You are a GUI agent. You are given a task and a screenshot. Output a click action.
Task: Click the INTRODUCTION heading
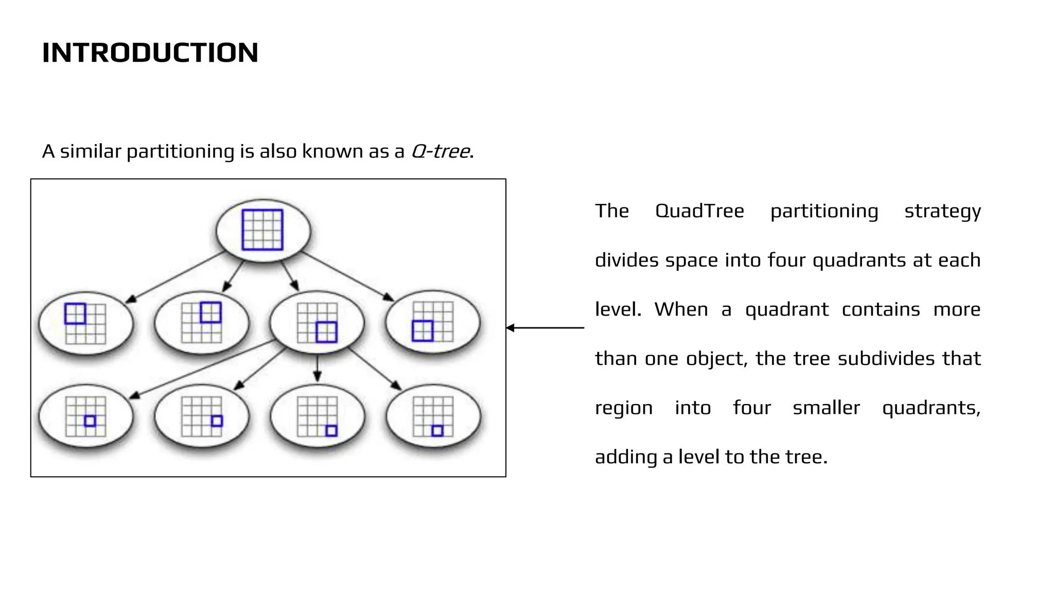[150, 53]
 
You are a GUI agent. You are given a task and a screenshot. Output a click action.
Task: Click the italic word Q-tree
[440, 151]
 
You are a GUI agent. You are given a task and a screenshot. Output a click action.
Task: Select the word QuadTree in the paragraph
[699, 211]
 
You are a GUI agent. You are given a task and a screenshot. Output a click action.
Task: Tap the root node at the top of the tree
[263, 230]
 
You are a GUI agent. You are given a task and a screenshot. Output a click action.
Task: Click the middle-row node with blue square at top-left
[86, 323]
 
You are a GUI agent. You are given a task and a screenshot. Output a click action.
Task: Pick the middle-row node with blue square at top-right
[202, 323]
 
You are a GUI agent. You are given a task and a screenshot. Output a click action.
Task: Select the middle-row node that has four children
[317, 323]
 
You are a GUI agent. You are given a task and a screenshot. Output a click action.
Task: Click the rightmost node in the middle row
[433, 322]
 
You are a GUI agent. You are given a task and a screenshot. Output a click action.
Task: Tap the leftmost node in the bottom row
[86, 416]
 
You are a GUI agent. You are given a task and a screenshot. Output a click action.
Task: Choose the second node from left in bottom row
[202, 416]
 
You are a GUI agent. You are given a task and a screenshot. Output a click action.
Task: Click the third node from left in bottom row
[317, 416]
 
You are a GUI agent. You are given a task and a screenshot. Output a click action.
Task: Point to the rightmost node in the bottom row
[433, 416]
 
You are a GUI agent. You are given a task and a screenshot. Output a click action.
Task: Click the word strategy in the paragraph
[942, 211]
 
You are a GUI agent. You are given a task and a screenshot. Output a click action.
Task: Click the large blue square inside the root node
[262, 230]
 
